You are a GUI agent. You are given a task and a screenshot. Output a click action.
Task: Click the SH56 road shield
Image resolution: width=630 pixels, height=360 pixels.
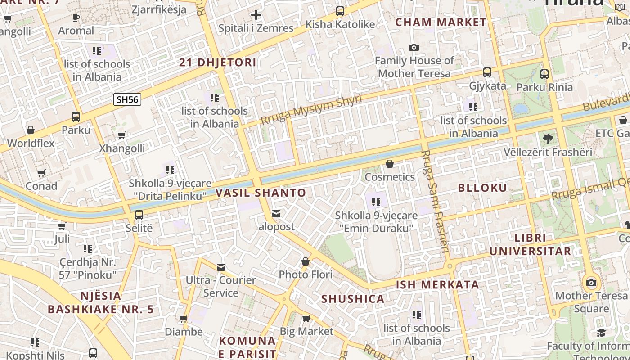pyautogui.click(x=127, y=99)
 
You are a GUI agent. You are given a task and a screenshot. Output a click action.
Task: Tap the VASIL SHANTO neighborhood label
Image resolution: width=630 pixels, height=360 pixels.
pyautogui.click(x=261, y=193)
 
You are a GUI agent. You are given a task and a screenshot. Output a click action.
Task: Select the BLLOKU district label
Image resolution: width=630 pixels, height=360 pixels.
pyautogui.click(x=482, y=188)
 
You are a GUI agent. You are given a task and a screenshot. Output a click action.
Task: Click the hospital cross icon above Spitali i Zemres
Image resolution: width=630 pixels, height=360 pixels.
pyautogui.click(x=256, y=15)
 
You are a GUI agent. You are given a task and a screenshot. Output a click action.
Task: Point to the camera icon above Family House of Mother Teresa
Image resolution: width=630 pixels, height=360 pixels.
pyautogui.click(x=414, y=47)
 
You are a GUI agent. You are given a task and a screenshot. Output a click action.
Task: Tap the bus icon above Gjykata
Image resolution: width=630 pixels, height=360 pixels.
pyautogui.click(x=487, y=72)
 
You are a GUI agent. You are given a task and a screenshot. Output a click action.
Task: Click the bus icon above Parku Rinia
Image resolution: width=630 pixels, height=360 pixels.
pyautogui.click(x=544, y=74)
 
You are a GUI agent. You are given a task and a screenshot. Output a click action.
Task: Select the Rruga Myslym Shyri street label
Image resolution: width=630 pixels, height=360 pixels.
pyautogui.click(x=311, y=110)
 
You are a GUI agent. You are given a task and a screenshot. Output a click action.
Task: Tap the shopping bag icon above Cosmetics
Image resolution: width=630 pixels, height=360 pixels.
pyautogui.click(x=390, y=164)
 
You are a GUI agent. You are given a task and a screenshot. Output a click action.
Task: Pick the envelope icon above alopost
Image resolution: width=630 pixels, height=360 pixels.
pyautogui.click(x=276, y=213)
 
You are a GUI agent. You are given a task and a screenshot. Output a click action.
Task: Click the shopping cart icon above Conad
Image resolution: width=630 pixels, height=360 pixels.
pyautogui.click(x=41, y=173)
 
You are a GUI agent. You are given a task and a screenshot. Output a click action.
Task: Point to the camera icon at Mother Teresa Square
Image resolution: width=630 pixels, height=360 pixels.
pyautogui.click(x=591, y=283)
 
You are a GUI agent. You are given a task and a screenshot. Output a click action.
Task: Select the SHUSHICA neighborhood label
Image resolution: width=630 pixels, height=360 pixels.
pyautogui.click(x=353, y=299)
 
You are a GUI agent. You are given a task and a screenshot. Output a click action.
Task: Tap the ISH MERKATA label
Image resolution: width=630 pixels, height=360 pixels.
pyautogui.click(x=437, y=285)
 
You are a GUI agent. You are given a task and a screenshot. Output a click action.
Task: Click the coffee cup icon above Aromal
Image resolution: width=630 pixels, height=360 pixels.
pyautogui.click(x=76, y=18)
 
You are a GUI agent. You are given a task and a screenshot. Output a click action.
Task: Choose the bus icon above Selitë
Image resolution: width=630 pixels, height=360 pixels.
pyautogui.click(x=139, y=215)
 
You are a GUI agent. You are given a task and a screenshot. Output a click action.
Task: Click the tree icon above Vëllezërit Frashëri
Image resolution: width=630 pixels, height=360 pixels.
pyautogui.click(x=548, y=139)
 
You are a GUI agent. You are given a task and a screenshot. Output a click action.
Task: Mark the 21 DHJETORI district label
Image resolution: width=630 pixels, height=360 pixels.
pyautogui.click(x=218, y=63)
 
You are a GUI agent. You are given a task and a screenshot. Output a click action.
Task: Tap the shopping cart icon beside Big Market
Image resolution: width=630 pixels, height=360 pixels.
pyautogui.click(x=306, y=319)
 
